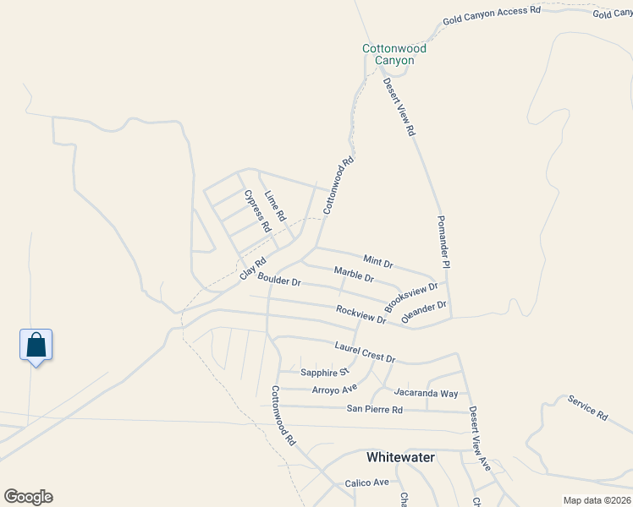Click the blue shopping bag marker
[x=36, y=346]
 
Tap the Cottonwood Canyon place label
[x=394, y=54]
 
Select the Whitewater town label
[x=400, y=457]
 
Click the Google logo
[x=28, y=497]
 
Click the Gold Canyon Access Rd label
[x=491, y=14]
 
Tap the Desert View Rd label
[x=399, y=108]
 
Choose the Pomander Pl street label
[x=443, y=242]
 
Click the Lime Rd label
[x=276, y=207]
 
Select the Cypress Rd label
[x=257, y=211]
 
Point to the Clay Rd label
[x=253, y=269]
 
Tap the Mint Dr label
[x=378, y=261]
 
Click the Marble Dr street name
[x=354, y=274]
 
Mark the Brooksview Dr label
[x=411, y=295]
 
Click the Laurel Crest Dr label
[x=365, y=352]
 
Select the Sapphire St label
[x=325, y=372]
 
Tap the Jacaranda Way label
[x=426, y=393]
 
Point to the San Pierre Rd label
[x=374, y=409]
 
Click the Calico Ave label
[x=366, y=482]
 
